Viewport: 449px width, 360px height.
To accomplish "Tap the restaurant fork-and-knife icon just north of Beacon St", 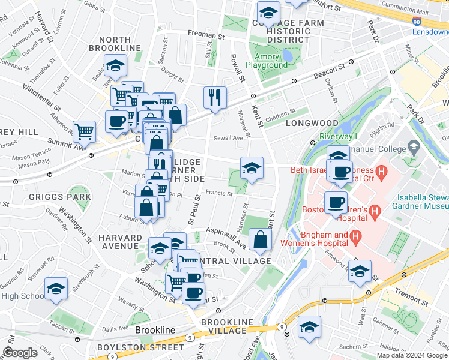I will coord(214,98).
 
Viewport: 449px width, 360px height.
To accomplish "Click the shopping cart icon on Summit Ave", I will coord(84,131).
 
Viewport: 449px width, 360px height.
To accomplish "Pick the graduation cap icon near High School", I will coord(56,289).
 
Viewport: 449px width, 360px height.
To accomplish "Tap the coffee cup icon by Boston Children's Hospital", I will coord(336,202).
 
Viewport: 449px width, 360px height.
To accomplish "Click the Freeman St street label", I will coord(206,36).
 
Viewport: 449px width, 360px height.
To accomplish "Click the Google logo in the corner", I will coord(20,353).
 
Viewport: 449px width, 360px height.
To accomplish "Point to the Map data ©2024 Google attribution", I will coord(411,355).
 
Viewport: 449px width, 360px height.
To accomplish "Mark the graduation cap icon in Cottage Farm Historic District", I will coord(268,11).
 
